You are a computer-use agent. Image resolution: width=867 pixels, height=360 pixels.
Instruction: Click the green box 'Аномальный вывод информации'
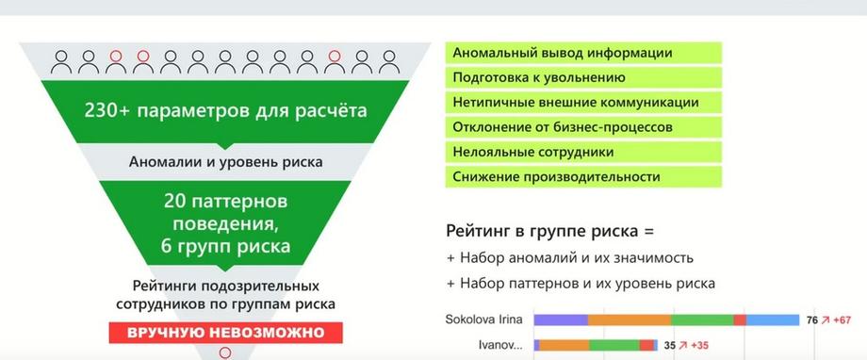pos(583,53)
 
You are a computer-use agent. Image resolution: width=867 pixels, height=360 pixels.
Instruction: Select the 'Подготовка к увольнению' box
pos(583,77)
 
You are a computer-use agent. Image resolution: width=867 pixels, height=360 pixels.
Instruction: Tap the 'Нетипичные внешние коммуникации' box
pos(583,103)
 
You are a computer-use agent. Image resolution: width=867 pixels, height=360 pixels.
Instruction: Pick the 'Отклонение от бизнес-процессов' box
pos(583,127)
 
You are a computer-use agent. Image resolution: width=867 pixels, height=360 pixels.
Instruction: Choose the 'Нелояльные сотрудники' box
pos(583,152)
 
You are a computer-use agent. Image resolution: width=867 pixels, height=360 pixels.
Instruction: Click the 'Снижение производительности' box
pos(583,177)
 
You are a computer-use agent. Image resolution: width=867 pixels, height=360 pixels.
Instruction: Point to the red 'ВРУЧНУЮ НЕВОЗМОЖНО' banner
pos(225,333)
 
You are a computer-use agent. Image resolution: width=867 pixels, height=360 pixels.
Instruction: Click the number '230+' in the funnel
pos(107,110)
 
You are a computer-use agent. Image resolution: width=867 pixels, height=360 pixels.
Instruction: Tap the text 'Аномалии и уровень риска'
pos(225,162)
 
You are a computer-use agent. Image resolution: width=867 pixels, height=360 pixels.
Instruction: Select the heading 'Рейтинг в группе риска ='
pos(549,231)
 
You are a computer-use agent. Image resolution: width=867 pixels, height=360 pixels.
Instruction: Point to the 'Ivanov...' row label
pos(500,346)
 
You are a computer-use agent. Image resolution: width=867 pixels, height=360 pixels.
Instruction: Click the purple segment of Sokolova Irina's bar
pos(561,319)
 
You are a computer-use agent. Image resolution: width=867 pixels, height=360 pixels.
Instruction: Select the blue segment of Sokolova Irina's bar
pos(773,319)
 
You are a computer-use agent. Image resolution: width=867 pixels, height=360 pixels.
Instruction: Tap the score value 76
pos(811,320)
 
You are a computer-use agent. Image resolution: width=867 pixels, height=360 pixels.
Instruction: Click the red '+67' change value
pos(842,320)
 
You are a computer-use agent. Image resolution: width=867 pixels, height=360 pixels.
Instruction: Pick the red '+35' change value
pos(699,346)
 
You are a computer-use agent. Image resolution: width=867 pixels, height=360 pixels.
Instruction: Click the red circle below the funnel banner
pos(225,352)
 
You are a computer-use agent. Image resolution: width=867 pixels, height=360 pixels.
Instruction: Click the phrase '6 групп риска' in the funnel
pos(225,246)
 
